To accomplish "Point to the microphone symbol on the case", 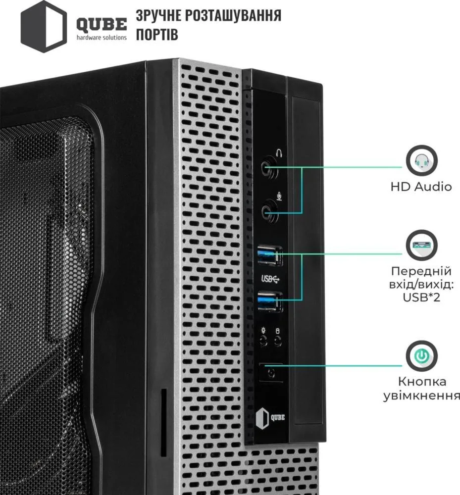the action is pyautogui.click(x=279, y=196).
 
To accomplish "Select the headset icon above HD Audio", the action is pyautogui.click(x=421, y=161).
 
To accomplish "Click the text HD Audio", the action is pyautogui.click(x=421, y=187).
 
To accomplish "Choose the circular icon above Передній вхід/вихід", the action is pyautogui.click(x=421, y=245).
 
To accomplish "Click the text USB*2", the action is pyautogui.click(x=421, y=297).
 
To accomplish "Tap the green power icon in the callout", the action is pyautogui.click(x=421, y=356).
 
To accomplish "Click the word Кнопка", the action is pyautogui.click(x=422, y=382).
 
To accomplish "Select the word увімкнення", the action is pyautogui.click(x=422, y=396).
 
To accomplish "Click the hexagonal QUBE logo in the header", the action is pyautogui.click(x=44, y=27).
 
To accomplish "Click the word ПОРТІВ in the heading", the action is pyautogui.click(x=157, y=34).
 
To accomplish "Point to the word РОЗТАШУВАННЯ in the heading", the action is pyautogui.click(x=233, y=15).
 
